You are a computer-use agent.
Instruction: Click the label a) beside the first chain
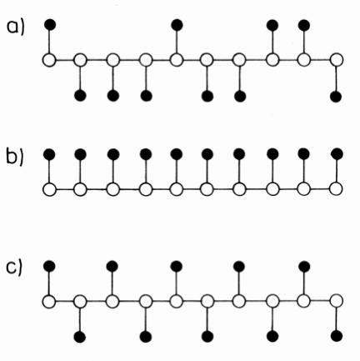[16, 28]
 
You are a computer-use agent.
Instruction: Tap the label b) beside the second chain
[15, 156]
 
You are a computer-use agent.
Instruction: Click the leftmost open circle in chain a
[49, 60]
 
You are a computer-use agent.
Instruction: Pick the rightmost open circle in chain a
[337, 60]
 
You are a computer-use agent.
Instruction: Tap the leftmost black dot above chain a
[50, 25]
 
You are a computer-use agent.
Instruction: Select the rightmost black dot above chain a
[304, 25]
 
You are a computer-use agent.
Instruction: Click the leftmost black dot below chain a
[80, 96]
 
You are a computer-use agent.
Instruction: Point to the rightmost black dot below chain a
[336, 97]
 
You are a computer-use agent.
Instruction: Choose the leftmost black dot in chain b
[50, 153]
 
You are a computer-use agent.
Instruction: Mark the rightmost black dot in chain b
[337, 154]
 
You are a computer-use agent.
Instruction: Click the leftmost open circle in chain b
[49, 189]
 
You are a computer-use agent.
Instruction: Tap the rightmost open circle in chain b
[336, 189]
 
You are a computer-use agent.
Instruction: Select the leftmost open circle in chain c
[49, 302]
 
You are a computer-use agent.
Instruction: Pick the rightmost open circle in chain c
[337, 301]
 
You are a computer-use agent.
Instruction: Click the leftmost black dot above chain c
[49, 266]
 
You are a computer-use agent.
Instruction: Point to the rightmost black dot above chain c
[304, 266]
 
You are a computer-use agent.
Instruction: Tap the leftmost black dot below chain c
[80, 337]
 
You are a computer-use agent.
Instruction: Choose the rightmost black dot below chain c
[337, 336]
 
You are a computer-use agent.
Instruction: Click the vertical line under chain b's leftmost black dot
[49, 171]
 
